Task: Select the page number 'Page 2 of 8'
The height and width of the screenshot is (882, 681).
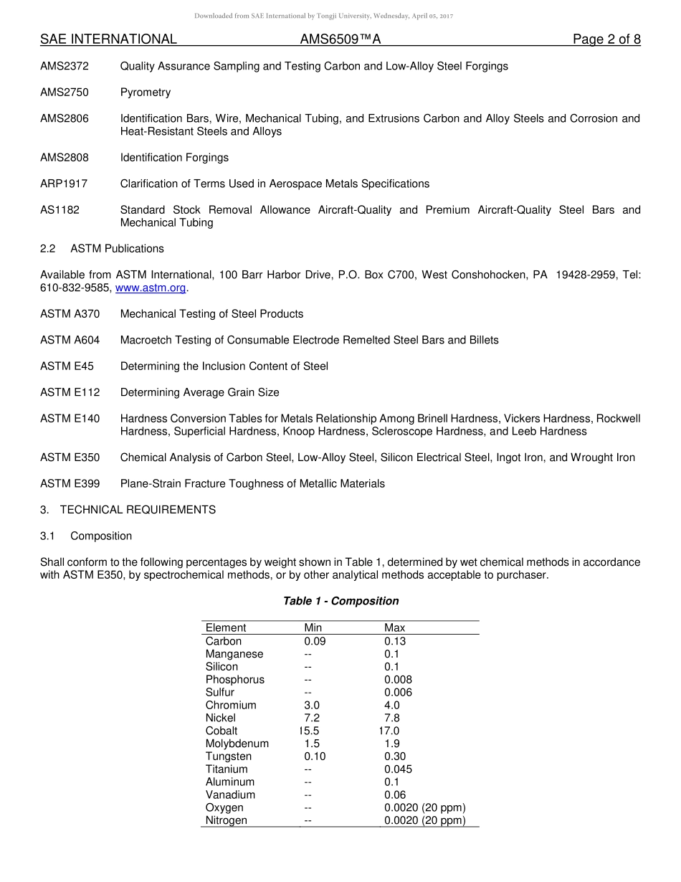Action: [x=606, y=39]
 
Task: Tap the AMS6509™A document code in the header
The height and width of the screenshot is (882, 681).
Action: [x=340, y=39]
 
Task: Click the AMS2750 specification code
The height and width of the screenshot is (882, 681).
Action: [x=65, y=93]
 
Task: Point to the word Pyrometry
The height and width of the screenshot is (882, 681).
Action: [x=146, y=93]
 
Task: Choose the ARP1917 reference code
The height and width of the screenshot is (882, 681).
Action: [x=64, y=184]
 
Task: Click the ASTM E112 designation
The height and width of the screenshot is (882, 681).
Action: [x=70, y=392]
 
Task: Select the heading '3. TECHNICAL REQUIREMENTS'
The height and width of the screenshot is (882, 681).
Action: [x=128, y=510]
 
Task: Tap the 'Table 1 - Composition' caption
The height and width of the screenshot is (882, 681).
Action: [x=341, y=601]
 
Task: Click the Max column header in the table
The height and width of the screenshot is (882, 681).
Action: [x=394, y=627]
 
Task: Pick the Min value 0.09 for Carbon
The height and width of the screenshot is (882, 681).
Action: [x=315, y=641]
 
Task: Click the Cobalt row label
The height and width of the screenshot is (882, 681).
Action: [x=222, y=731]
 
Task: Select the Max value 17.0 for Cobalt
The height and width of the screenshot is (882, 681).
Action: [x=389, y=731]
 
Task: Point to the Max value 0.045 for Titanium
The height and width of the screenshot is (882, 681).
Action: [x=398, y=769]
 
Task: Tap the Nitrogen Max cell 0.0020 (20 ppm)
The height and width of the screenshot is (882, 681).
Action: [x=424, y=820]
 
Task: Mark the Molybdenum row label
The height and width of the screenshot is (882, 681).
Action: [x=237, y=744]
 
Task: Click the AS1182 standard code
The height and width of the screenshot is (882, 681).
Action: [x=60, y=210]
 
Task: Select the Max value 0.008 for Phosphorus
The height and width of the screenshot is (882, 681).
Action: [x=398, y=680]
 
